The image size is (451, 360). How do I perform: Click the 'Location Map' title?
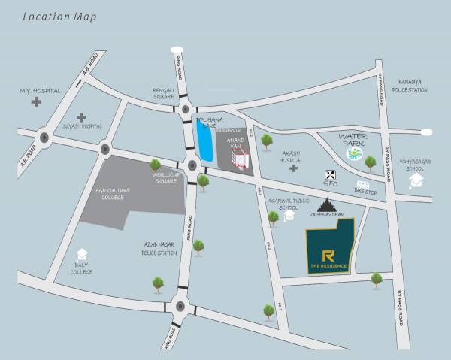click(x=59, y=16)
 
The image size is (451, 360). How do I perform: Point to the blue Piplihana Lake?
click(x=204, y=143)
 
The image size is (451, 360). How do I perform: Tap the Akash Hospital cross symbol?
click(x=293, y=168)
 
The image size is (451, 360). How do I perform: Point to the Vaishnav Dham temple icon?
click(x=328, y=204)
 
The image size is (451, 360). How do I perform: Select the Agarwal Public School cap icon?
click(x=289, y=215)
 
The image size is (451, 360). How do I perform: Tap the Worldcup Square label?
click(x=166, y=177)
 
